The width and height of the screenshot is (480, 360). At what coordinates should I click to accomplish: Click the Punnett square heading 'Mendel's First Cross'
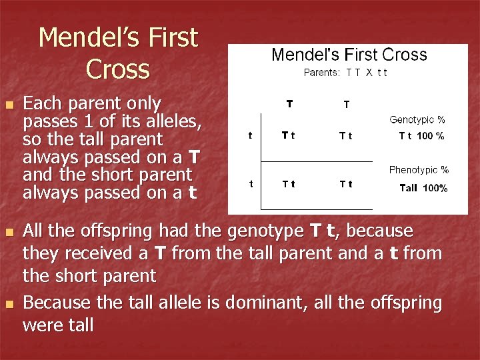[349, 55]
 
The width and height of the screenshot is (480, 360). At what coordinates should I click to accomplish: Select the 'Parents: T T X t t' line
[345, 72]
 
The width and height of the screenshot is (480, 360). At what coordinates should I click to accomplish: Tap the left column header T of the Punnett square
[289, 103]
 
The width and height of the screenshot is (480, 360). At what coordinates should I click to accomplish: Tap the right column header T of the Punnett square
[346, 104]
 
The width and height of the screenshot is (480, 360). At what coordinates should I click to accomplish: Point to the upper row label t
[250, 135]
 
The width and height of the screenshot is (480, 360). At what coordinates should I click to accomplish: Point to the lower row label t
[250, 183]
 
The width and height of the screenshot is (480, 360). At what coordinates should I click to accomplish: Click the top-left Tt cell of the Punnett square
[289, 135]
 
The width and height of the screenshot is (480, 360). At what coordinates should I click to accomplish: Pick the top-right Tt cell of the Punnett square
[346, 136]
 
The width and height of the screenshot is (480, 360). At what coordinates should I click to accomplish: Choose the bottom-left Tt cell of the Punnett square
[289, 184]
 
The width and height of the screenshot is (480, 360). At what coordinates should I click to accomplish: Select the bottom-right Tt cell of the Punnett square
[346, 184]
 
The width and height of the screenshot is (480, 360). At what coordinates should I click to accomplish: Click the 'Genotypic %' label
[417, 120]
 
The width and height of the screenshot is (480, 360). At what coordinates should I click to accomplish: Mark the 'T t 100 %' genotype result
[421, 136]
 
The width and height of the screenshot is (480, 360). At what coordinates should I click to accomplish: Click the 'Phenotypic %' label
[419, 170]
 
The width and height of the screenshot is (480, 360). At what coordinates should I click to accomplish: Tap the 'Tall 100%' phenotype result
[423, 188]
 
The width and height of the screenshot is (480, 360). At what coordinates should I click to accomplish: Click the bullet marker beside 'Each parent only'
[8, 105]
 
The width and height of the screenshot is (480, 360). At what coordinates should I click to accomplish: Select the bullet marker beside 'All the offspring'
[8, 233]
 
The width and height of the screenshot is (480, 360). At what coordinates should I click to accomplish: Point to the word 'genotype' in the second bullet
[267, 231]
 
